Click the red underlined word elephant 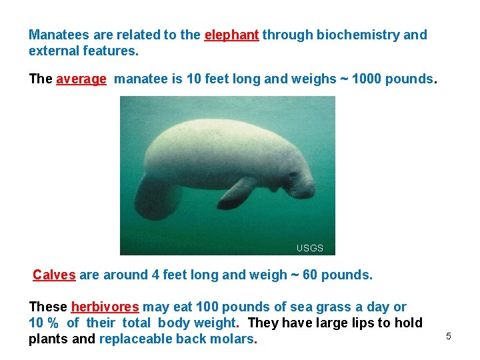[x=231, y=35]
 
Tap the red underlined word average [x=81, y=79]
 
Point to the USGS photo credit [x=310, y=248]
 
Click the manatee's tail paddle [x=157, y=197]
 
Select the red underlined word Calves [x=54, y=275]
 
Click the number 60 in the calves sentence [x=310, y=275]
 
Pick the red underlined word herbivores [x=105, y=307]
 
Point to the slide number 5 [x=449, y=336]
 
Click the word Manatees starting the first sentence [x=57, y=35]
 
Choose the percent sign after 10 [x=53, y=323]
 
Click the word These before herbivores [x=48, y=307]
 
